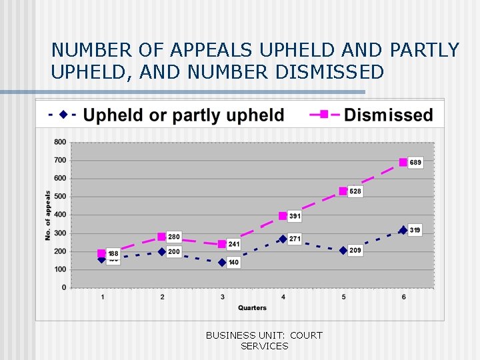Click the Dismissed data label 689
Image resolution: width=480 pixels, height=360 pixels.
(415, 163)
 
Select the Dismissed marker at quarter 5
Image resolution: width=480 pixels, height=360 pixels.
(343, 191)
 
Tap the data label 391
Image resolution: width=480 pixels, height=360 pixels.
(295, 217)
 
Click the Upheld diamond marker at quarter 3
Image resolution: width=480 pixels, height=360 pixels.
(222, 263)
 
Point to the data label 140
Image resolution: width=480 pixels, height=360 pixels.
(233, 263)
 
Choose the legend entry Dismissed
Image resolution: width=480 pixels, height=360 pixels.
(388, 115)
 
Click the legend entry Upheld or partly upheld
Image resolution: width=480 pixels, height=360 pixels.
(183, 115)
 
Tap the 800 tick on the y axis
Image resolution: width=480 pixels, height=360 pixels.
(60, 142)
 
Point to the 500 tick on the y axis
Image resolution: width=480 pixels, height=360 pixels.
(60, 197)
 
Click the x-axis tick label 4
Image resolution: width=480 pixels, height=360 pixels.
(283, 296)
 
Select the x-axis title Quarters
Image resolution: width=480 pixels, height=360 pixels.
(252, 307)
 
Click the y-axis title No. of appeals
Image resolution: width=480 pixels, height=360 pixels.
(48, 215)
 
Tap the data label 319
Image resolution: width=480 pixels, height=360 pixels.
(415, 230)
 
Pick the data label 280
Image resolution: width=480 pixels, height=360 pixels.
(173, 237)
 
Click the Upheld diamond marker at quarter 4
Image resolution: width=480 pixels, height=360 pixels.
(283, 239)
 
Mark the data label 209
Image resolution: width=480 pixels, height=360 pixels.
(355, 251)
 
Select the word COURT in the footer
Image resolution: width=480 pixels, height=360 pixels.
(306, 335)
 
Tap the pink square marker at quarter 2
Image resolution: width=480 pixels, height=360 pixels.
(161, 237)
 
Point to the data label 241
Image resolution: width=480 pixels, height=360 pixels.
(233, 244)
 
